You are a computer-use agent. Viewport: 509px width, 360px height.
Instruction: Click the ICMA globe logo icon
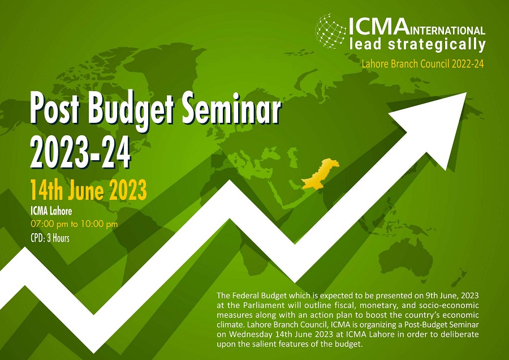(330, 31)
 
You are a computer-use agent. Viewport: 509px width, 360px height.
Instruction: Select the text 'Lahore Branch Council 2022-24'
(422, 64)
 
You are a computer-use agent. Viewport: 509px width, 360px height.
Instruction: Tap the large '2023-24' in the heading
(80, 152)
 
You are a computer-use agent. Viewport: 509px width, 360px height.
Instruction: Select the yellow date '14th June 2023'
(89, 190)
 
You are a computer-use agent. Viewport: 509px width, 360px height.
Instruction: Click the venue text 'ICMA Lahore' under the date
(51, 211)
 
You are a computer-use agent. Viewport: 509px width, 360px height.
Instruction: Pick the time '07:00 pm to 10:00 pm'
(74, 224)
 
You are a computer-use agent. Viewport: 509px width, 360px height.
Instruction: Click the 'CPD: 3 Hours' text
(50, 238)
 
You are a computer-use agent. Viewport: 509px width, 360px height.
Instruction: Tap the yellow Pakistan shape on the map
(320, 174)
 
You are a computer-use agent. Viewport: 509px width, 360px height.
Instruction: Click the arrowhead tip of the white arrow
(466, 93)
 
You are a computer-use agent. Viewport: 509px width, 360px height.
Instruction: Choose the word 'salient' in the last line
(262, 344)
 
